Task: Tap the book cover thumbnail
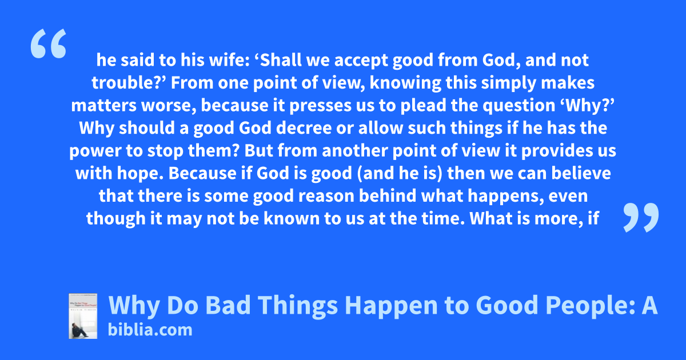coord(83,316)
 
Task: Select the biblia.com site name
coord(150,330)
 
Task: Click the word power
coord(95,151)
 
